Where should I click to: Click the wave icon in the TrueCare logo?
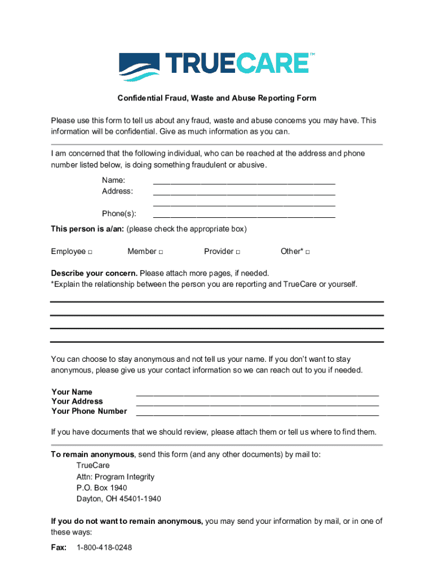[139, 67]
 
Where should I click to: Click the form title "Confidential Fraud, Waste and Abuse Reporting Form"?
[216, 98]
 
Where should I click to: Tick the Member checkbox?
[161, 252]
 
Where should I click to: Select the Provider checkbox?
[238, 252]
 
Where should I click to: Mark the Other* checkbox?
[307, 252]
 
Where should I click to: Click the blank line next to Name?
[244, 182]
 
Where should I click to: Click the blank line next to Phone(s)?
[244, 215]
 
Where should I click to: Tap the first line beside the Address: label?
[244, 192]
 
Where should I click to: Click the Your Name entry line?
[257, 393]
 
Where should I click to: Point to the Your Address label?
[77, 401]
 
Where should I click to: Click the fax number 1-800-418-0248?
[104, 548]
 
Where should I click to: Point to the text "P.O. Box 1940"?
[101, 488]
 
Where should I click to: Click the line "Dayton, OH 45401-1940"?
[118, 499]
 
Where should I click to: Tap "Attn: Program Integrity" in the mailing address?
[115, 477]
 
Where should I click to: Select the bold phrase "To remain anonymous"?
[92, 454]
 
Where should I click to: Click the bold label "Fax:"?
[59, 548]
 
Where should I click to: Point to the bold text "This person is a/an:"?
[87, 229]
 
